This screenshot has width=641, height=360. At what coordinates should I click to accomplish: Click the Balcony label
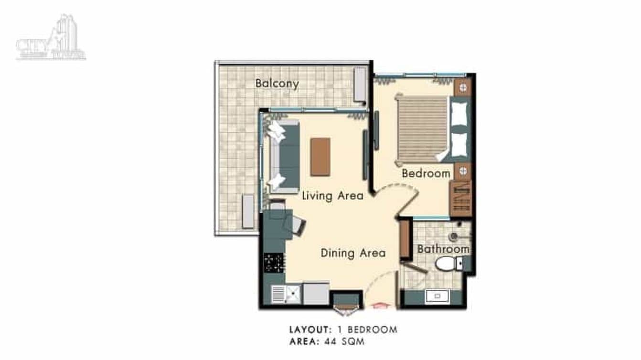tap(277, 84)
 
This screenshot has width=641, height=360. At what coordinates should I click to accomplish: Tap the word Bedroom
tap(426, 173)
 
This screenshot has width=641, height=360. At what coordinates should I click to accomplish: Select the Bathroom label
tap(443, 249)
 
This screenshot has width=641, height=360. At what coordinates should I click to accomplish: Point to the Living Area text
tap(332, 196)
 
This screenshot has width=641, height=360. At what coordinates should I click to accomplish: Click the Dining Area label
tap(353, 253)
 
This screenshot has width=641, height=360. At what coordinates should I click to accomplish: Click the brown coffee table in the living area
tap(320, 157)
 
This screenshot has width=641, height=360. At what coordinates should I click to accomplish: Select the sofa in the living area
tap(285, 157)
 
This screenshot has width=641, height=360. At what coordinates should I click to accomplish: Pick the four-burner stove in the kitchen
tap(274, 263)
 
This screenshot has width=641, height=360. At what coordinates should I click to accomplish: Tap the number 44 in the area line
tap(331, 342)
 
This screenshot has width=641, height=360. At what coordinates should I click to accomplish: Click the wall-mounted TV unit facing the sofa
tap(366, 154)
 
